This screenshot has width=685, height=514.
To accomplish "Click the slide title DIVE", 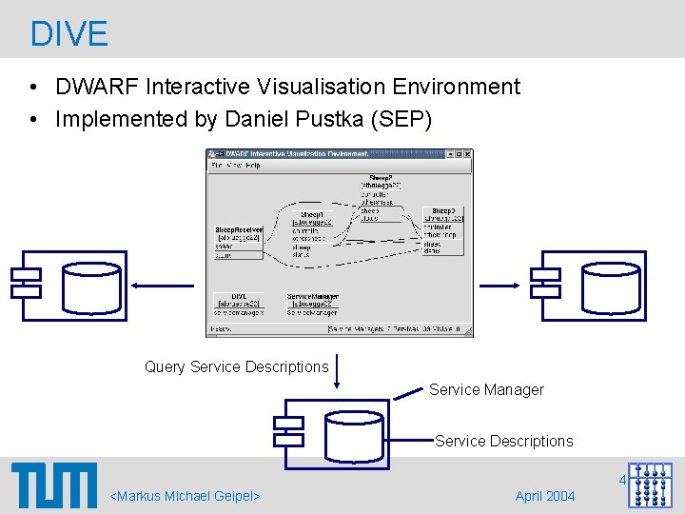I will [x=69, y=33].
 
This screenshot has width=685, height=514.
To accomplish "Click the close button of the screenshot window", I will [x=467, y=154].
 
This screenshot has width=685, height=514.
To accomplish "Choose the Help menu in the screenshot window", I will [x=251, y=166].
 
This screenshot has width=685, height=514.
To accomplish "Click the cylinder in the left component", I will [x=92, y=286].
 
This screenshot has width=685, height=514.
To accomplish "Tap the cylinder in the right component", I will [x=611, y=286].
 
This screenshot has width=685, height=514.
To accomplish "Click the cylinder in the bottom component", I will [x=357, y=434].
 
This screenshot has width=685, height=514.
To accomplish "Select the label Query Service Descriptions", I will [x=236, y=366].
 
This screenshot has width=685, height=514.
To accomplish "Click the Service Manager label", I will [x=486, y=389].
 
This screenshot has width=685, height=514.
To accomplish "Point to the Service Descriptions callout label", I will [x=503, y=441].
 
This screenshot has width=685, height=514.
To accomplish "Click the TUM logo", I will [x=54, y=485].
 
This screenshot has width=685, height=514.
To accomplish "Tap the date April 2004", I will [x=544, y=496].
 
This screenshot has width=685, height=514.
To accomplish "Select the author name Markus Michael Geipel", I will [x=186, y=496].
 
